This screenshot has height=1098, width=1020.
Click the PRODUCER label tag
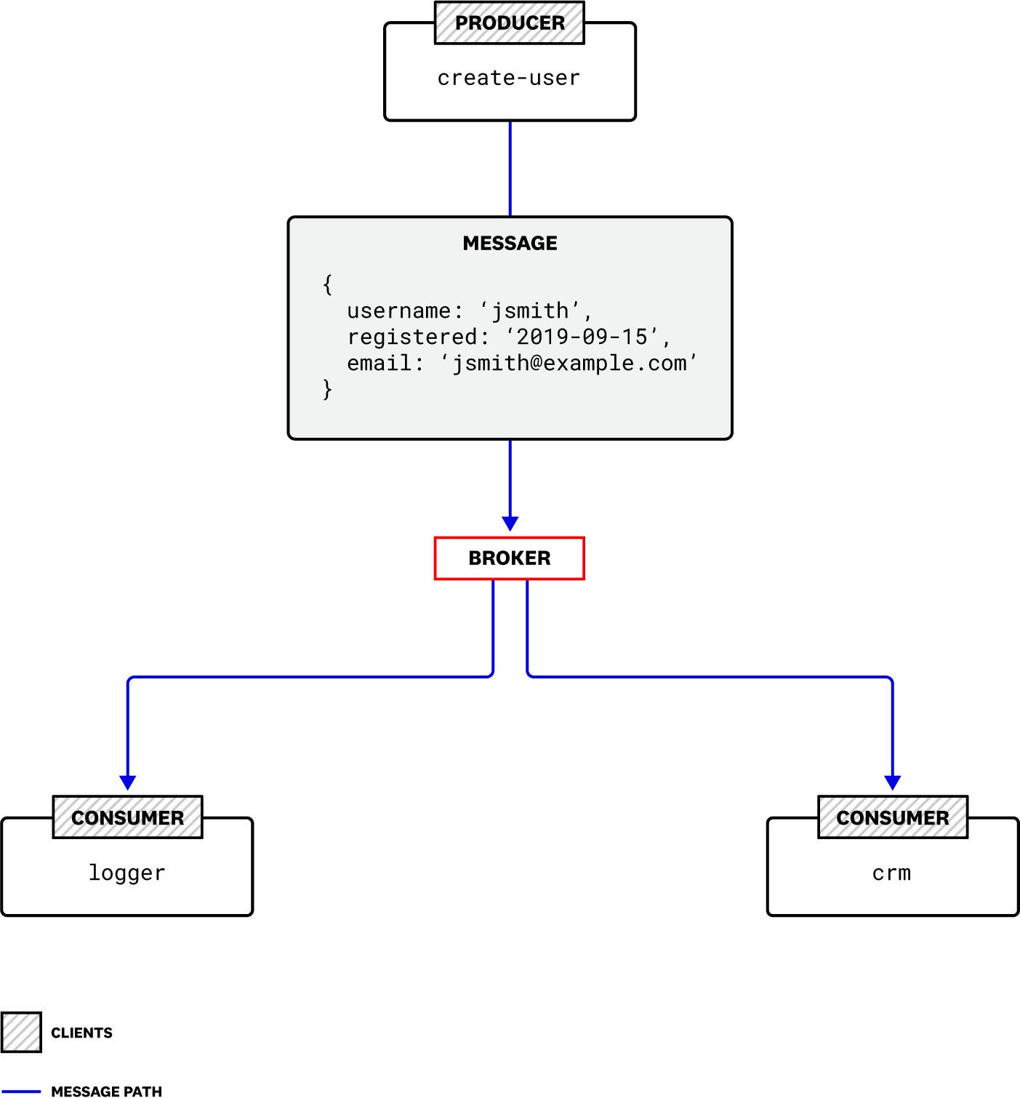tap(509, 23)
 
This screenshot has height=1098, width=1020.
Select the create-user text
tap(509, 78)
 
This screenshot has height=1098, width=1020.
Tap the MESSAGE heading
tap(510, 243)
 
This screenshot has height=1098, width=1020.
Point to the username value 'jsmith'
tap(531, 311)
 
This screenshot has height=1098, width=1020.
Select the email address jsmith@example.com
tap(569, 363)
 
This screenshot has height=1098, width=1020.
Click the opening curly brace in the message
tap(327, 284)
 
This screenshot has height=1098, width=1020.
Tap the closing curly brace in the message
tap(327, 389)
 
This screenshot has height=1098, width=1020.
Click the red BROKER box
tap(509, 558)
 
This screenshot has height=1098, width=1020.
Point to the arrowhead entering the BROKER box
tap(510, 524)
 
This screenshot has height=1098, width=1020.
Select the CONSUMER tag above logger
tap(127, 817)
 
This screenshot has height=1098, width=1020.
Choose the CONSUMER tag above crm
tap(892, 817)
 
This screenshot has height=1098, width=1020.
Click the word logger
tap(127, 873)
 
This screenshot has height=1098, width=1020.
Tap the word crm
tap(891, 873)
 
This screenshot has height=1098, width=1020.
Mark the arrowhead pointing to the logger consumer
tap(128, 782)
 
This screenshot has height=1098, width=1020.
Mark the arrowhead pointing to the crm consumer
tap(892, 782)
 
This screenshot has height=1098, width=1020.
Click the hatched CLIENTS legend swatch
tap(21, 1032)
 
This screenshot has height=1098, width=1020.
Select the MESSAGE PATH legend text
tap(106, 1091)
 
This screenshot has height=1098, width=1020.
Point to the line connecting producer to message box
tap(510, 168)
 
